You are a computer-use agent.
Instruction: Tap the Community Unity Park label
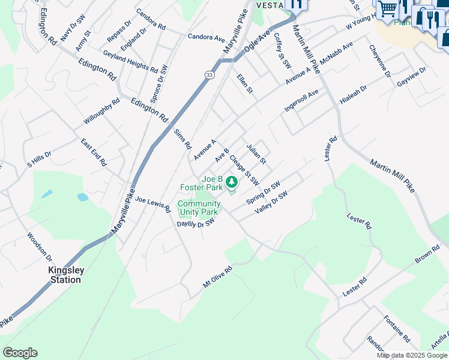(x=199, y=208)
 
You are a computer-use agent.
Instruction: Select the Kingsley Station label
(x=65, y=275)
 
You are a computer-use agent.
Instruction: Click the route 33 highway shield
(x=208, y=74)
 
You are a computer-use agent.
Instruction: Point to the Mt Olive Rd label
(x=217, y=278)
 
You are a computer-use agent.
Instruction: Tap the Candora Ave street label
(x=206, y=37)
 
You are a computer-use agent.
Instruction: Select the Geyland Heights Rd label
(x=130, y=62)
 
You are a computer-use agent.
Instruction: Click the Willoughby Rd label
(x=102, y=112)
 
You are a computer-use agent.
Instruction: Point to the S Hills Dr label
(x=39, y=159)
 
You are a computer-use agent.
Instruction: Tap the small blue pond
(x=83, y=197)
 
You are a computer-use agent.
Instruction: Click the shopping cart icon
(x=387, y=9)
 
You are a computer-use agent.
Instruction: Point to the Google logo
(x=20, y=353)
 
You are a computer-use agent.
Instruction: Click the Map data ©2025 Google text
(x=412, y=355)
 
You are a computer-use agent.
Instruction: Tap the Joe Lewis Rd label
(x=153, y=204)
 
